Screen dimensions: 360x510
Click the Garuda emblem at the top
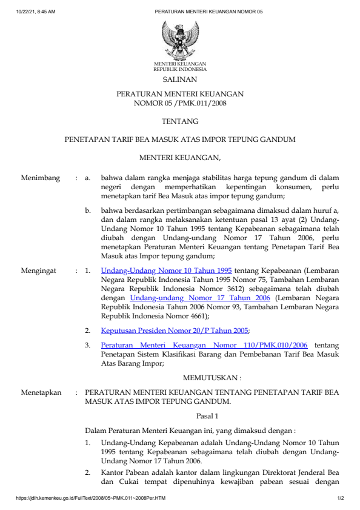coord(179,39)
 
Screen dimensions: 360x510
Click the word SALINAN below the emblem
coord(179,79)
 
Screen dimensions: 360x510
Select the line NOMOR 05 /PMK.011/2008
coord(179,103)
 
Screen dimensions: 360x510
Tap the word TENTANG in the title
coord(179,121)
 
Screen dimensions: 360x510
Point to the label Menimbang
coord(41,178)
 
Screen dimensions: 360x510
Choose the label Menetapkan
coord(41,392)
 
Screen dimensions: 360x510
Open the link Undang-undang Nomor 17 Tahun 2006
coord(201,298)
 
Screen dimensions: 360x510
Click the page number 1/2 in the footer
coord(341,498)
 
